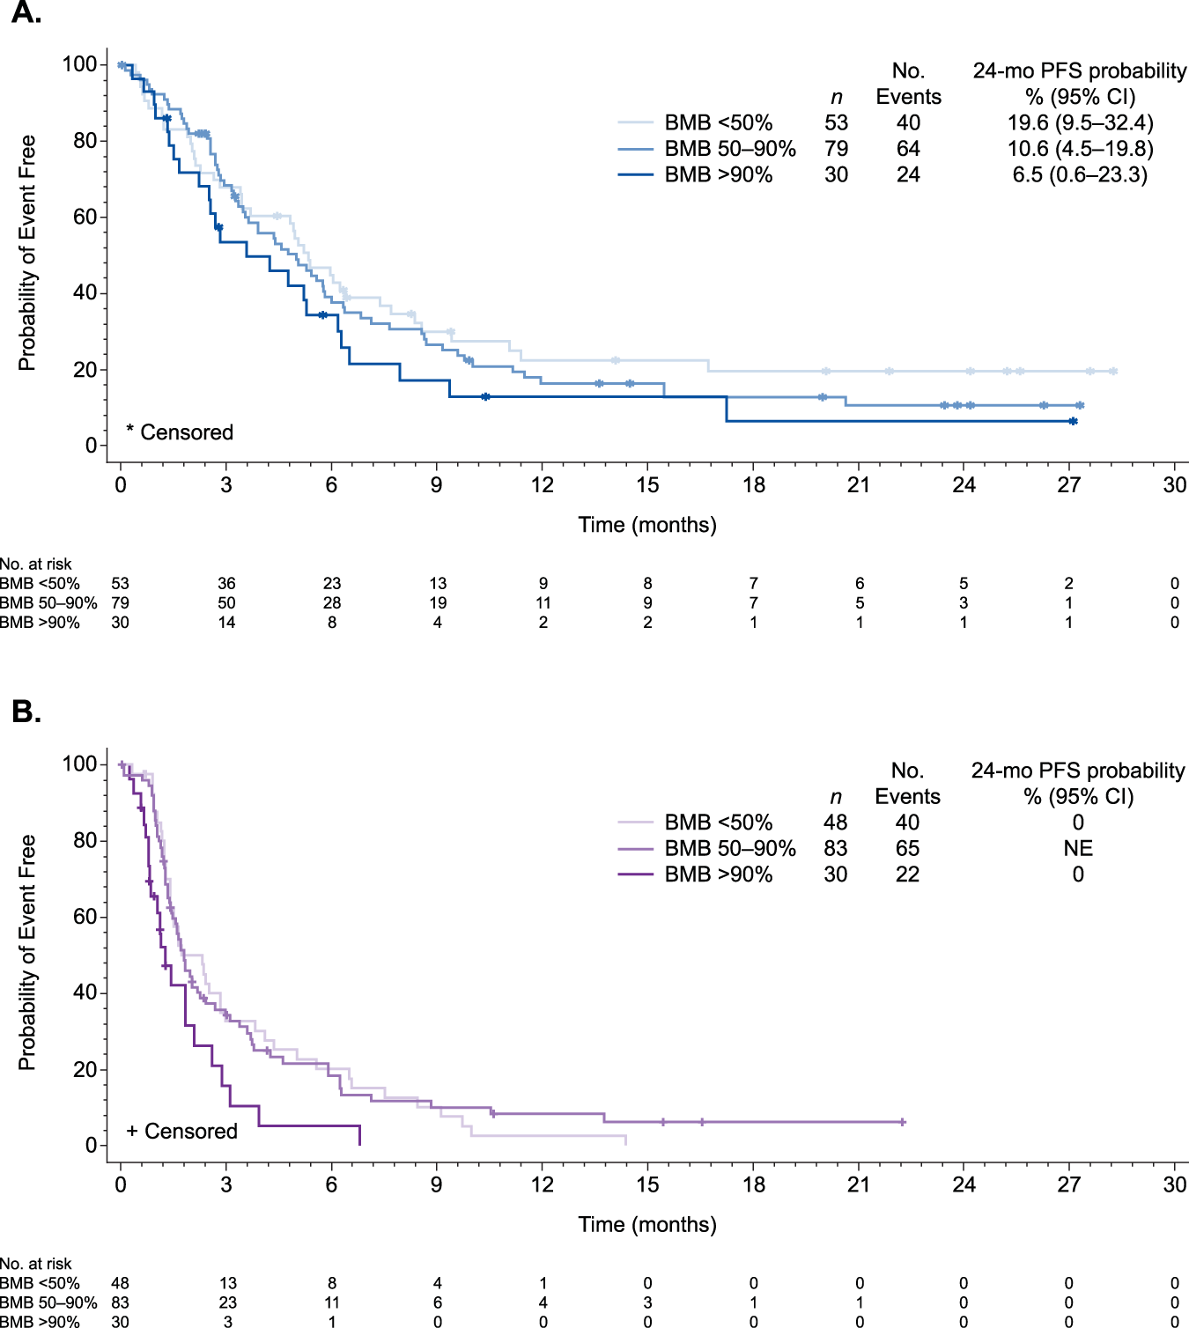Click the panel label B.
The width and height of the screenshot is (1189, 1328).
coord(26,711)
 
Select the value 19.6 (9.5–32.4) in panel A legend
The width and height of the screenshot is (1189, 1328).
coord(1080,122)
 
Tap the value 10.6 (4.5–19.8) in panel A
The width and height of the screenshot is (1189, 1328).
coord(1080,149)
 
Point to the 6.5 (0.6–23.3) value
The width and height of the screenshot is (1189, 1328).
coord(1080,174)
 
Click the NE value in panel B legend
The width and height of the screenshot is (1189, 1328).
coord(1077,848)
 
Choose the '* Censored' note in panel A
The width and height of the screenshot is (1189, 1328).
coord(180,432)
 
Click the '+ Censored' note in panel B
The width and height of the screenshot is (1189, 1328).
coord(181,1132)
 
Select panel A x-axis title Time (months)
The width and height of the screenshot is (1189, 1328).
coord(647,525)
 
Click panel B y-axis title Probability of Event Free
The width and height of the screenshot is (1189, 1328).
coord(26,953)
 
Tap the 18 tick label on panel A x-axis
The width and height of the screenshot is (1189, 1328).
coord(753,485)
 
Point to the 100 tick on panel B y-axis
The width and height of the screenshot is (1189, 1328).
coord(79,764)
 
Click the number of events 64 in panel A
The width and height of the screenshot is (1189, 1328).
coord(908,149)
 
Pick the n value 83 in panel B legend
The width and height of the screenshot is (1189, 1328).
coord(835,848)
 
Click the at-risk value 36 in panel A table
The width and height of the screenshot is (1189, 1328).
coord(226,584)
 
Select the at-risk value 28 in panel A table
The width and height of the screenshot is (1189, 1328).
coord(331,603)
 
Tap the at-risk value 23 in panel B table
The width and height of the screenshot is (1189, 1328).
coord(227,1302)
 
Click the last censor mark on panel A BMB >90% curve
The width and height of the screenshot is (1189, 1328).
coord(1072,422)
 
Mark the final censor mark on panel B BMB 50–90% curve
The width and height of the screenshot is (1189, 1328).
coord(903,1122)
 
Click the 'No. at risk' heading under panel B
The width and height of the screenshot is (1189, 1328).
coord(36,1264)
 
